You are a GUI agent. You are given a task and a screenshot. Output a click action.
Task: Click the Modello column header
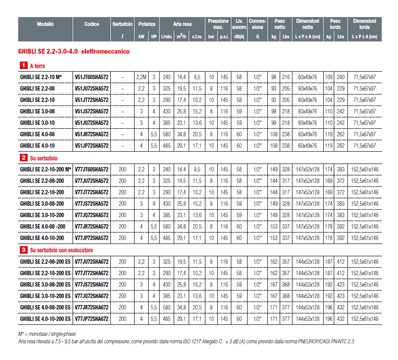point(45,24)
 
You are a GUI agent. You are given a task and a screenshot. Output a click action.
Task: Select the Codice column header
point(91,24)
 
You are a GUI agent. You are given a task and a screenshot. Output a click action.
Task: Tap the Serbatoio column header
point(122,24)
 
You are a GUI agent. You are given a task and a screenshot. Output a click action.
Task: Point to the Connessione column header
point(257,24)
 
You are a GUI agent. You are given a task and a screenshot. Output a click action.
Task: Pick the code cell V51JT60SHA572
point(91,77)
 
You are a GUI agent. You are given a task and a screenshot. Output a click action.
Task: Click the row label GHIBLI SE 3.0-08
point(37,112)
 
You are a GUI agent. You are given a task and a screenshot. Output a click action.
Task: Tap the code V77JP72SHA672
point(91,318)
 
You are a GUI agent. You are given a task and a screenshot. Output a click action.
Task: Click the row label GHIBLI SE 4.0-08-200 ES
point(45,307)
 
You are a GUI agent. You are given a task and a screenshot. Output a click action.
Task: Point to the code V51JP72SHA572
point(91,145)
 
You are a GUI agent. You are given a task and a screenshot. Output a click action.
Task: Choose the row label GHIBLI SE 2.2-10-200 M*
point(45,169)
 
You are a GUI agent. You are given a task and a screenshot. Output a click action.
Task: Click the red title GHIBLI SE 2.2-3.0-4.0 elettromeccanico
point(73,51)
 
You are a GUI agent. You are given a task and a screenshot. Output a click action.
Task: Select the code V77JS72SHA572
point(91,204)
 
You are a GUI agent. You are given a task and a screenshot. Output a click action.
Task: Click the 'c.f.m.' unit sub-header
point(197,36)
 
